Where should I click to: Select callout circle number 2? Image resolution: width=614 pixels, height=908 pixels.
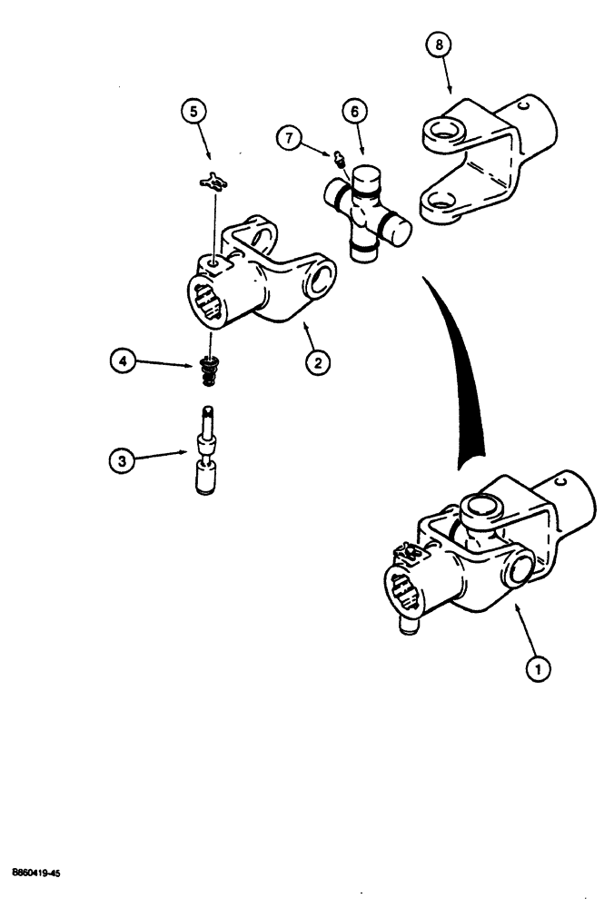click(x=317, y=362)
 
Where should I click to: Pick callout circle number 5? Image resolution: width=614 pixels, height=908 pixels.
click(x=193, y=112)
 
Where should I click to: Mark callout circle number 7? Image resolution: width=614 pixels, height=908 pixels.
click(x=291, y=137)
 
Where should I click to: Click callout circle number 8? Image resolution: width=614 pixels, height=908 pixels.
click(x=439, y=44)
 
